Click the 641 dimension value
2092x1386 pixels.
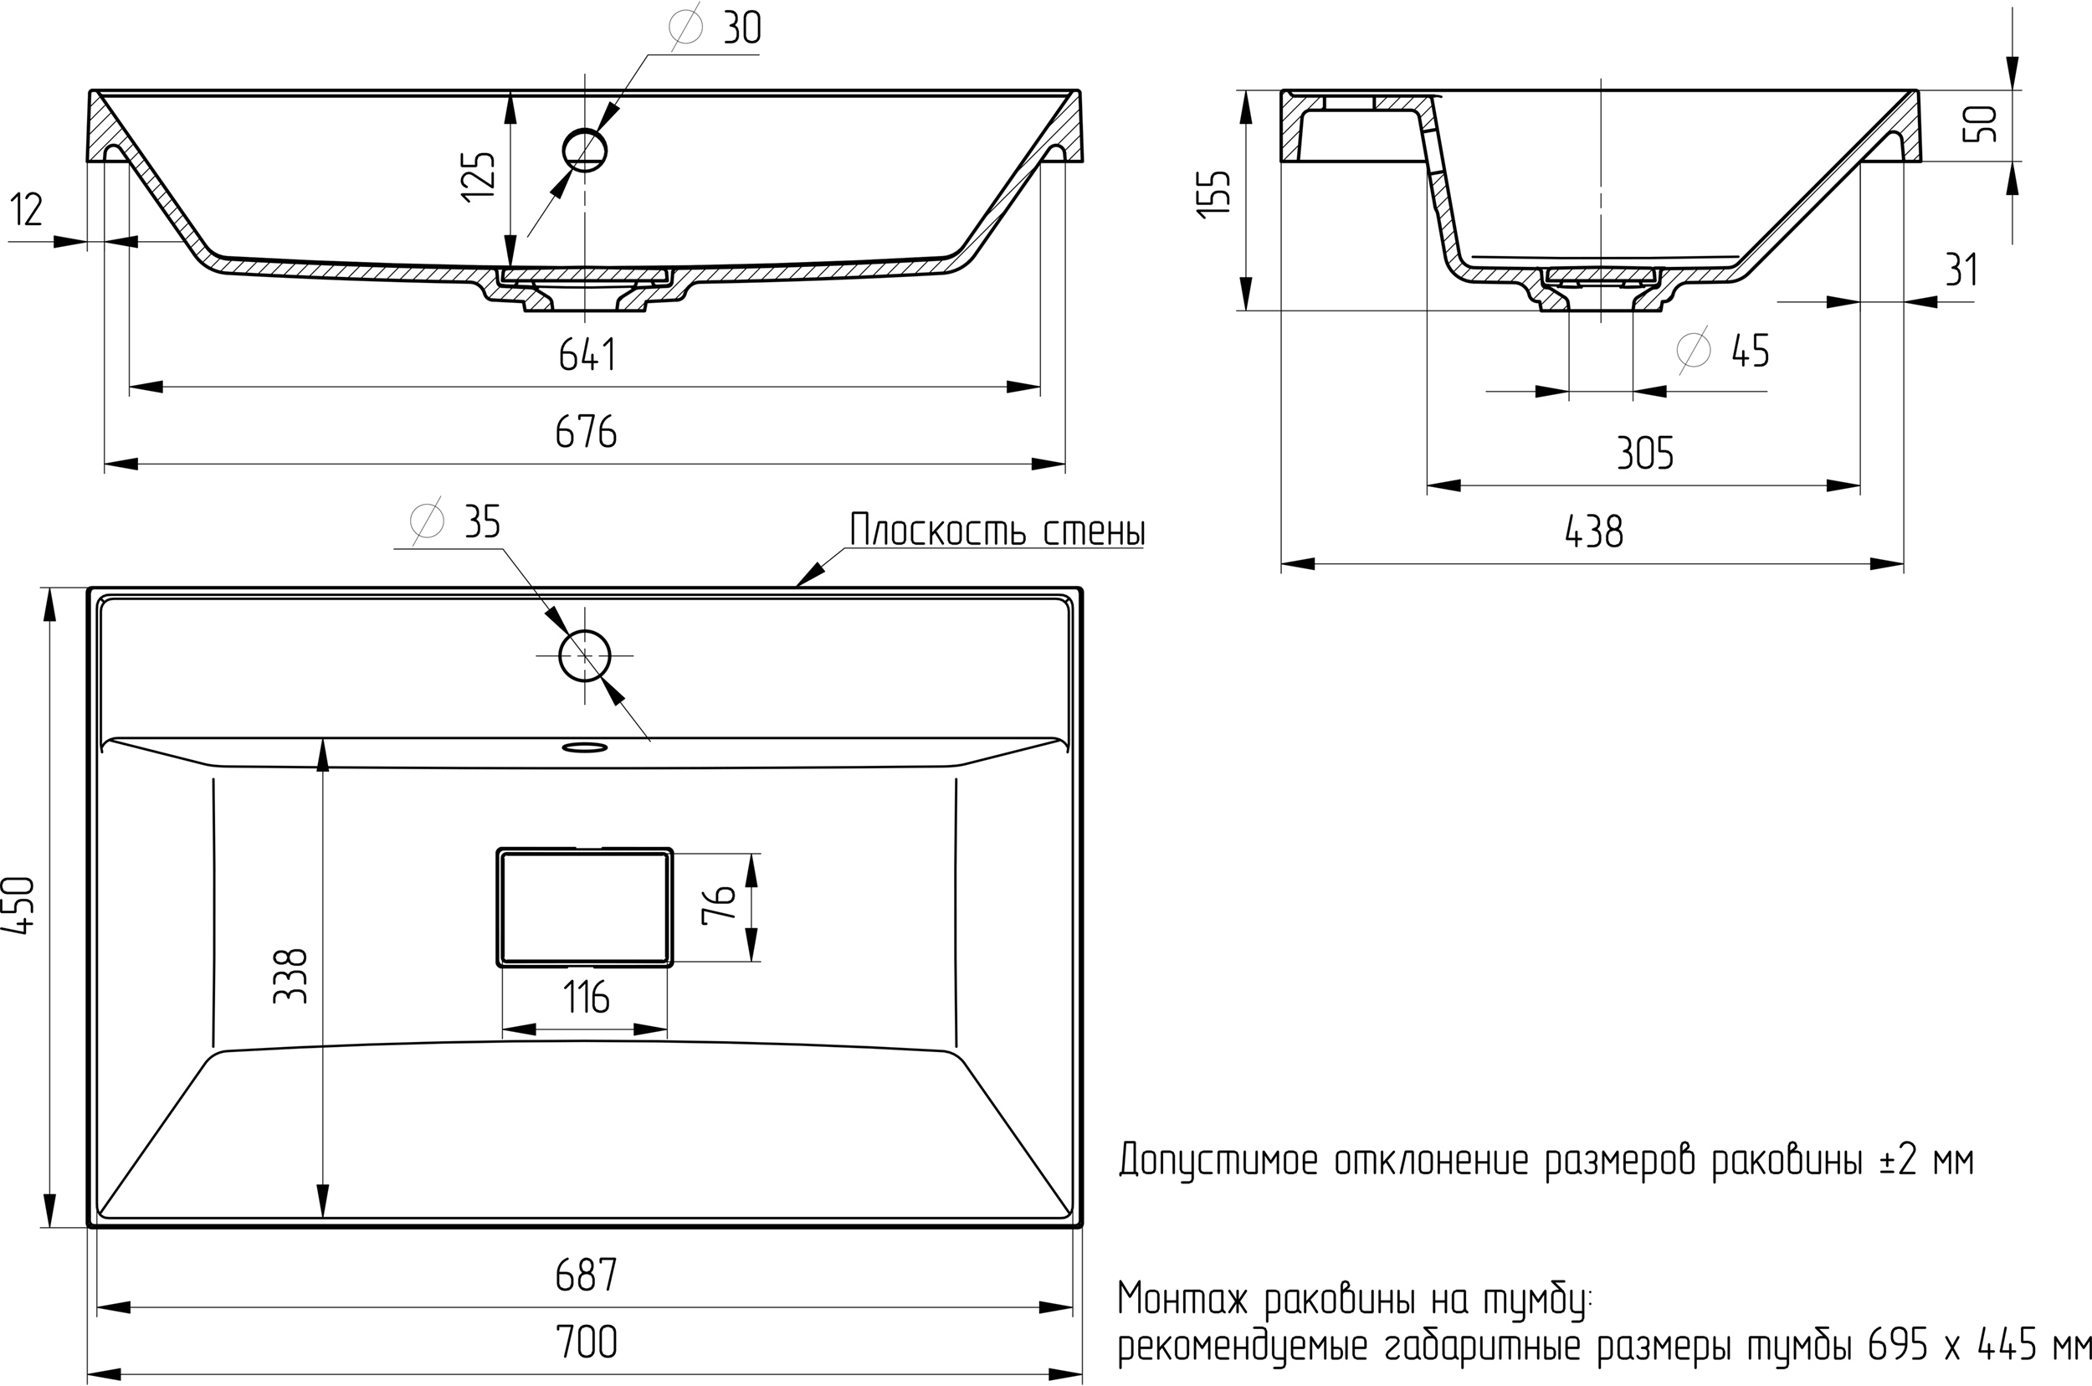pos(587,356)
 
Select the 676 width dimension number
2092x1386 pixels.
pos(586,432)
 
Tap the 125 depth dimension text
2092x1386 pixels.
pos(479,177)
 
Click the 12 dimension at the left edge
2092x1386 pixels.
pos(27,210)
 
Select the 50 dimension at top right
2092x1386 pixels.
pos(1981,124)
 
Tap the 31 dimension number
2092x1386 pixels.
pos(1961,270)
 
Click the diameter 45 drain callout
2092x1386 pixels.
pos(1724,351)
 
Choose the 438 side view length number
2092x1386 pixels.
pos(1593,532)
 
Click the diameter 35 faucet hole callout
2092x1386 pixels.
pos(456,521)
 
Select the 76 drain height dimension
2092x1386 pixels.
pos(720,903)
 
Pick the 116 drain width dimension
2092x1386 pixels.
pos(587,998)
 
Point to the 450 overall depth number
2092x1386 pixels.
pos(19,905)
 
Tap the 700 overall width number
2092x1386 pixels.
pos(586,1343)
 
